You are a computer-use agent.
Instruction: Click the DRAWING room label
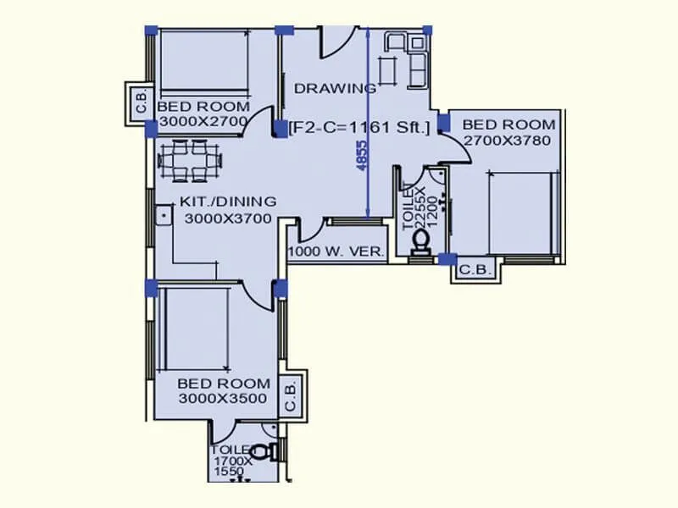335,88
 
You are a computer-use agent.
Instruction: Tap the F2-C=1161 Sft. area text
359,127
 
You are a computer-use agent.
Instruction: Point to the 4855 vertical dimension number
362,157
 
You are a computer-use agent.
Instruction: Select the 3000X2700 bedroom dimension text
203,121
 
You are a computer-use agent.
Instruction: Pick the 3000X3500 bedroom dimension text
223,399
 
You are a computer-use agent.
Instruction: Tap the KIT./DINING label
228,202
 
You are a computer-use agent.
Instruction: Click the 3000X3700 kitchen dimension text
227,218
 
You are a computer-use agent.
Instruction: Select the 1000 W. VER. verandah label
336,251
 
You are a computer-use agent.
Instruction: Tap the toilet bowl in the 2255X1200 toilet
421,242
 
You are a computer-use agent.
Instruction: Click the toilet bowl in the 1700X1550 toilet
270,452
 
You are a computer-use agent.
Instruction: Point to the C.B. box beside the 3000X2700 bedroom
140,102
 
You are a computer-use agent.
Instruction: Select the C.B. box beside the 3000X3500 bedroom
290,394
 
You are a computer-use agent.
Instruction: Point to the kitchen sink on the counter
161,216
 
